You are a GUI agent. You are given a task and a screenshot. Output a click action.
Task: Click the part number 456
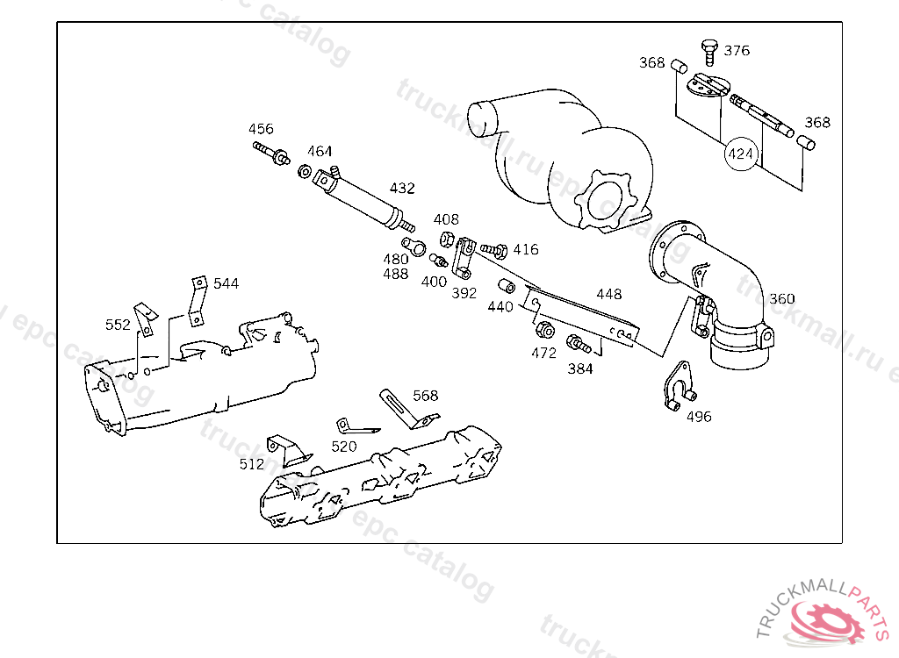click(261, 129)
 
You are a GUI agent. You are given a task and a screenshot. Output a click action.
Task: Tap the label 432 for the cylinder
click(402, 189)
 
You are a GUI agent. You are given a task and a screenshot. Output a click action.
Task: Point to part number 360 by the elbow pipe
click(781, 299)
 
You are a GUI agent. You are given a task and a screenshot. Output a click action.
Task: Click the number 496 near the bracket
click(699, 417)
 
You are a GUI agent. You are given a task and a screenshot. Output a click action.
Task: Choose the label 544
click(226, 283)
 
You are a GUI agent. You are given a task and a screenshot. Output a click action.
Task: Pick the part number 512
click(252, 464)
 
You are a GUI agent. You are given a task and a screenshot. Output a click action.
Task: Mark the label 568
click(425, 396)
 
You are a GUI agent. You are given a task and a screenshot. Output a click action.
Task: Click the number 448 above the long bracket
click(608, 294)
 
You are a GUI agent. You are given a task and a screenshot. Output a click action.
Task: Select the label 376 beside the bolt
click(737, 51)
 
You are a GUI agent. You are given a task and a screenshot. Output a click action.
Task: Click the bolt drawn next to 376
click(708, 51)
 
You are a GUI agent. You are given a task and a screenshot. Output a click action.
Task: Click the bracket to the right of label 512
click(289, 449)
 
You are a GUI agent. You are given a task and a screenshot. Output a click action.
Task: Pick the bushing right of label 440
click(507, 287)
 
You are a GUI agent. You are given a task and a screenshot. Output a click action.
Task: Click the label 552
click(118, 325)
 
